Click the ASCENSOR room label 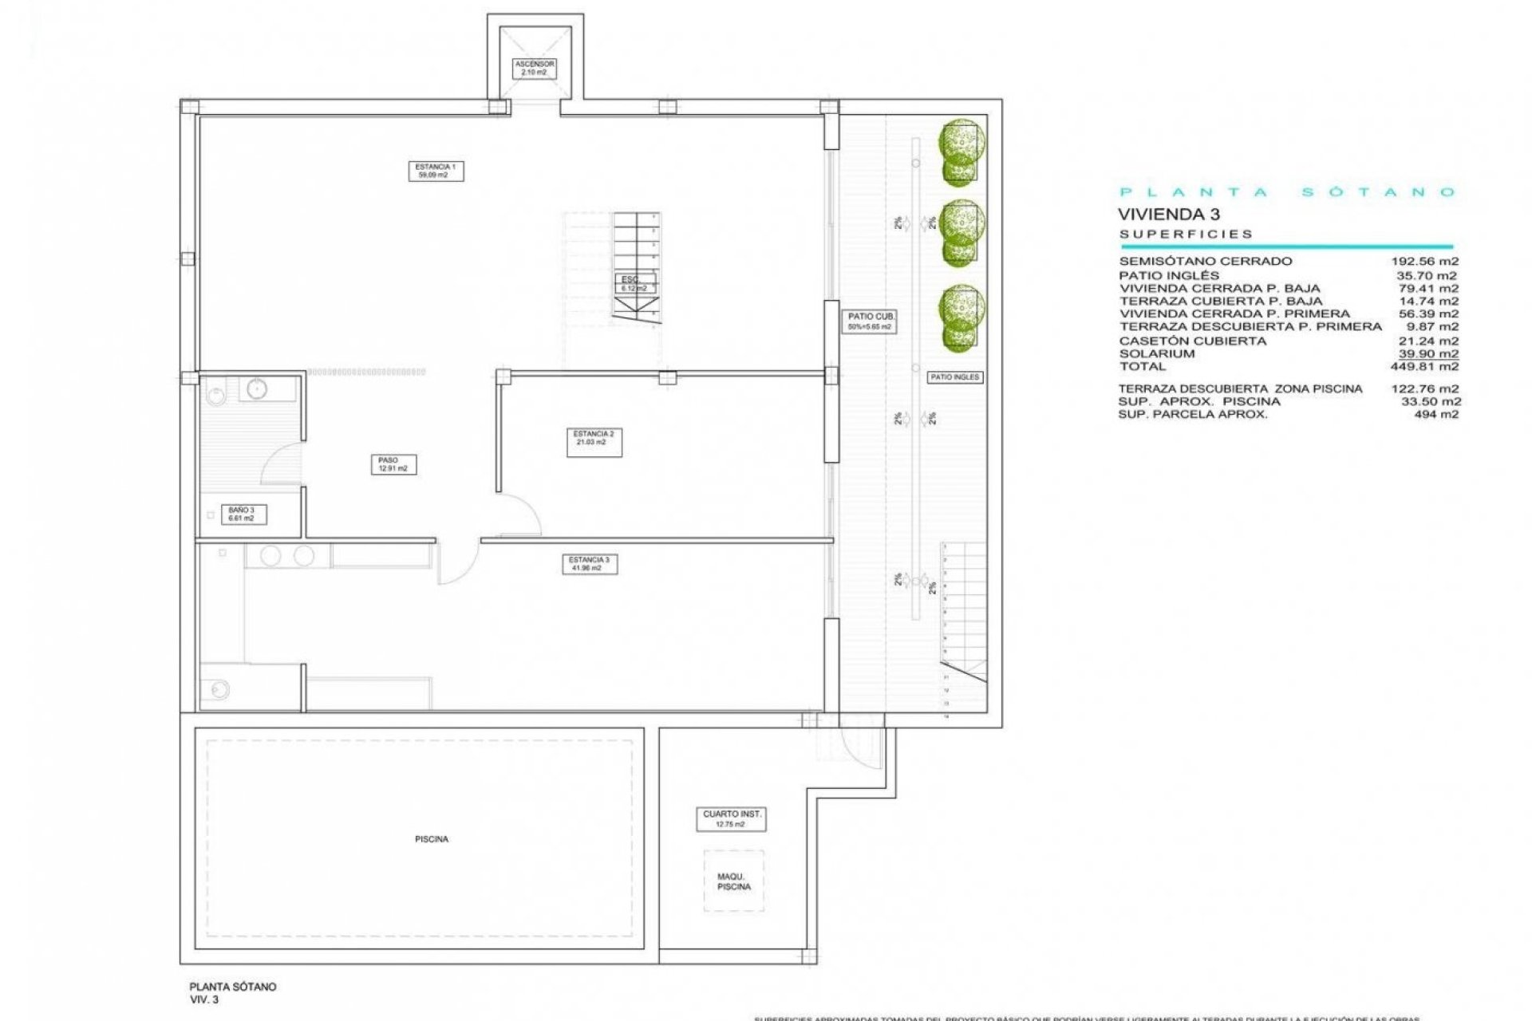tap(534, 68)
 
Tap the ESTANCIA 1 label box tap(436, 171)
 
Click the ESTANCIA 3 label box tap(589, 564)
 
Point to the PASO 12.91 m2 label tap(393, 464)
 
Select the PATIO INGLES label tap(954, 376)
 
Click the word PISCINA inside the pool tap(431, 839)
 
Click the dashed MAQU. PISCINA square tap(733, 881)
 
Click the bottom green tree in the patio tap(961, 317)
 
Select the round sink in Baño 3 tap(256, 388)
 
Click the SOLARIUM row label tap(1156, 353)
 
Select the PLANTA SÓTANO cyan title tap(1286, 192)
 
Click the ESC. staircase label tap(634, 283)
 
